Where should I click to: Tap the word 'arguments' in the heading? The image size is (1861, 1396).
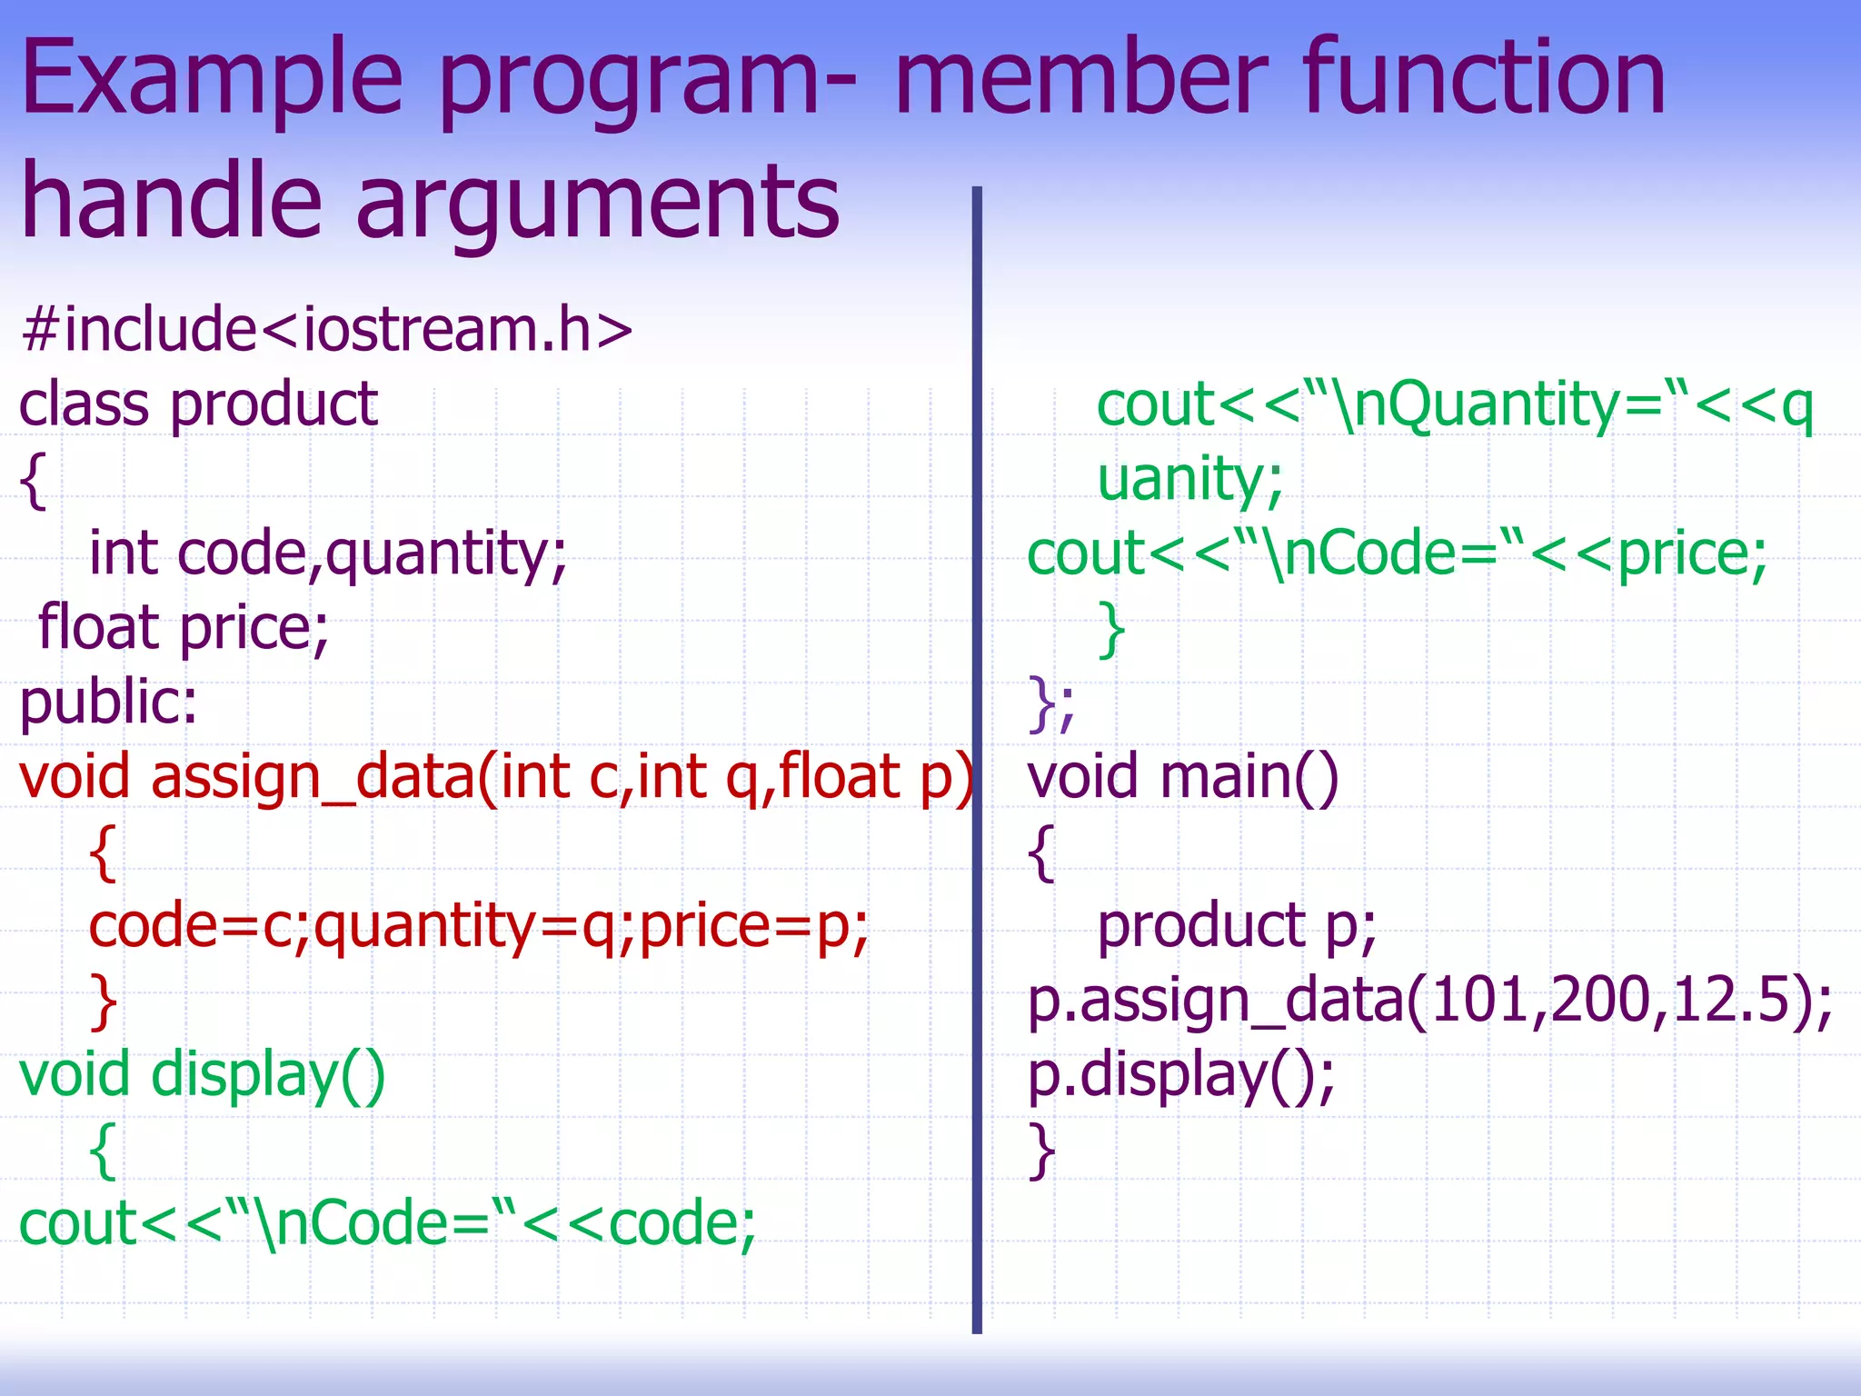click(597, 202)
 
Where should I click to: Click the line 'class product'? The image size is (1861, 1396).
click(198, 404)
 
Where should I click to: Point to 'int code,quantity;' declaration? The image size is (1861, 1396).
click(328, 553)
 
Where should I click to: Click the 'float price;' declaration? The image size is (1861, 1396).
click(184, 628)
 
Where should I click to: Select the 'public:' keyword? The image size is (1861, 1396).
click(108, 703)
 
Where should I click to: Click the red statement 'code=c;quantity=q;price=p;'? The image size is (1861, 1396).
click(479, 926)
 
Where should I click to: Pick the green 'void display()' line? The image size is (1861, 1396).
click(203, 1075)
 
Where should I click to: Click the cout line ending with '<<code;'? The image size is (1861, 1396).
click(387, 1224)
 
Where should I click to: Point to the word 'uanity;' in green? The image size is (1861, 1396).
click(1189, 479)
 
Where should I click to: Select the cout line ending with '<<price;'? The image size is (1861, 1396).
click(1397, 553)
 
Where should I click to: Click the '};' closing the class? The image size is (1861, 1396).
click(1051, 703)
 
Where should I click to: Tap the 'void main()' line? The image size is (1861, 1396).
click(1182, 777)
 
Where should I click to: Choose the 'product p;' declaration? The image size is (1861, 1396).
click(1237, 926)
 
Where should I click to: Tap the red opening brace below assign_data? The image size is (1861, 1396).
click(104, 853)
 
